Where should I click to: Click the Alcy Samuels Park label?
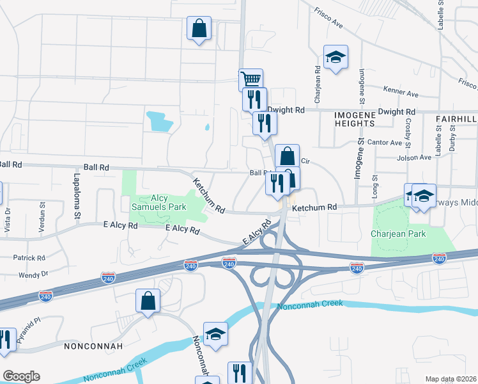pos(158,202)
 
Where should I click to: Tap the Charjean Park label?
pos(399,234)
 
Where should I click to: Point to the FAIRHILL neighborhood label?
pos(456,119)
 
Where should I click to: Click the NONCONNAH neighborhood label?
pos(93,346)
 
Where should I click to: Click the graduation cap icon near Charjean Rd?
pos(335,58)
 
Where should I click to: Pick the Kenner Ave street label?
pos(400,92)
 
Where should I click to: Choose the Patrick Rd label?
pos(29,258)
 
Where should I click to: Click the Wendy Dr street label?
pos(33,275)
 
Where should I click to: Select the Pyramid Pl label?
pos(28,330)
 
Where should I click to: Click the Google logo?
pos(21,376)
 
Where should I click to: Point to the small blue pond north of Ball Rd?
pos(160,119)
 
